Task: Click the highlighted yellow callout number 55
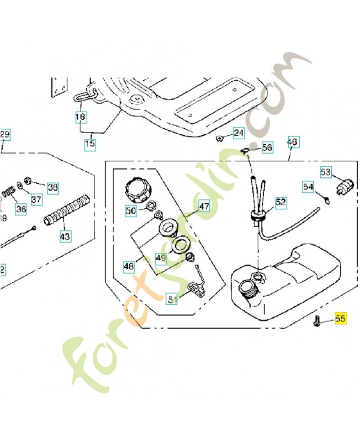[x=340, y=319]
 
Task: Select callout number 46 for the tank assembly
[x=292, y=142]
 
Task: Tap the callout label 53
[x=326, y=172]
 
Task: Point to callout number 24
[x=238, y=133]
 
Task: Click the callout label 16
[x=81, y=117]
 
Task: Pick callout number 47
[x=204, y=207]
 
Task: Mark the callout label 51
[x=173, y=299]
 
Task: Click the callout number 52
[x=281, y=203]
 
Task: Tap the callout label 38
[x=52, y=187]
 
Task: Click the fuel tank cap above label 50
[x=137, y=190]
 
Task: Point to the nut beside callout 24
[x=220, y=138]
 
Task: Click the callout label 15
[x=90, y=145]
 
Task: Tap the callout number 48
[x=129, y=266]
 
